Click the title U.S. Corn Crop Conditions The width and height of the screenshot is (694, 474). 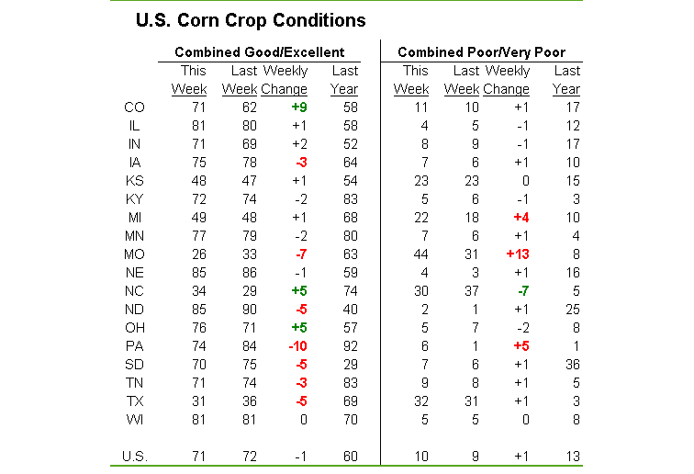click(x=251, y=20)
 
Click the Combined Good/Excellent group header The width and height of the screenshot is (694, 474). click(x=260, y=52)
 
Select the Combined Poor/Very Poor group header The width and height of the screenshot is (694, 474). click(x=481, y=52)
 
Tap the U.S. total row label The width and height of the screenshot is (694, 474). click(x=134, y=455)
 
